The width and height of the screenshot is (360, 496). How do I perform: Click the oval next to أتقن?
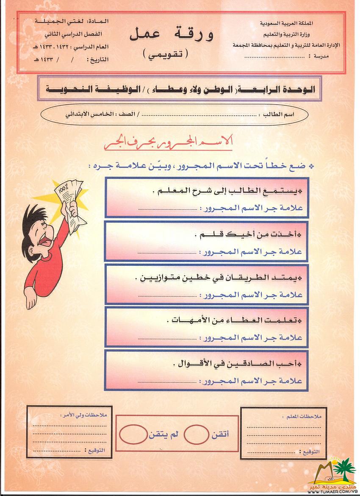coord(197,434)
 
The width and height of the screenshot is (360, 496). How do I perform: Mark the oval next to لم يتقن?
coord(133,435)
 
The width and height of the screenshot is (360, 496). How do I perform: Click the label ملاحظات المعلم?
coord(301,417)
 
